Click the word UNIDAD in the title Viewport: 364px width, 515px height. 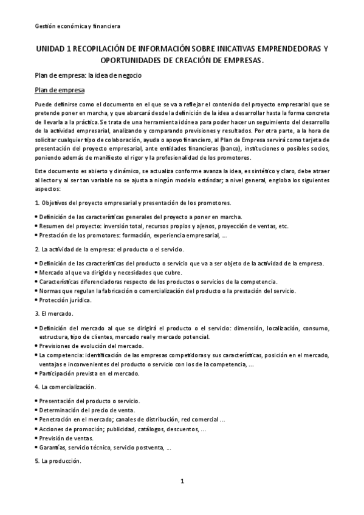52,49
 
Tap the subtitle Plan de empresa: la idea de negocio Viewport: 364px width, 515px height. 88,77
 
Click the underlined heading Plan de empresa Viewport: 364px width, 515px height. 60,90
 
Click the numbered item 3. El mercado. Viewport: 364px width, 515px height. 54,313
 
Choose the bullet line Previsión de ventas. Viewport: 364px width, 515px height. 66,438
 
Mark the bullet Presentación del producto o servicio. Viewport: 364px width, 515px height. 89,401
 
